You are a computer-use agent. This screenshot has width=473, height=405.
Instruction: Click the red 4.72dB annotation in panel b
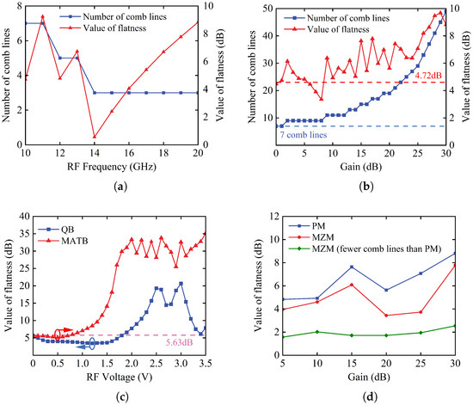(428, 76)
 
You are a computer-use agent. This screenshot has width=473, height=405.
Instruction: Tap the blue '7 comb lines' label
(304, 135)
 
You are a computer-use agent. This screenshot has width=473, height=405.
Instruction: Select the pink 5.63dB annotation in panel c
(179, 342)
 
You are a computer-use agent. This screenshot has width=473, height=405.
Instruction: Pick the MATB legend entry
(63, 241)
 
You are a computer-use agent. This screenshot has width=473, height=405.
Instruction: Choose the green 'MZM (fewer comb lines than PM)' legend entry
(365, 249)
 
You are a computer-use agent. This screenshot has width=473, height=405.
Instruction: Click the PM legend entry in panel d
(307, 226)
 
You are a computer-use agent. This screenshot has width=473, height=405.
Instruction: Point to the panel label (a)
(121, 187)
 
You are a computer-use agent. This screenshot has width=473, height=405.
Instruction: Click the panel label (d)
(369, 397)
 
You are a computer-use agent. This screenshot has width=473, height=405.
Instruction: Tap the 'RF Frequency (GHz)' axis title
(112, 167)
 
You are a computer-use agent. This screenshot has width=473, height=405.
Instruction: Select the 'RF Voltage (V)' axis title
(120, 377)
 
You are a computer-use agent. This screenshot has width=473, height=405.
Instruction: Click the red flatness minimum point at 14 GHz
(95, 137)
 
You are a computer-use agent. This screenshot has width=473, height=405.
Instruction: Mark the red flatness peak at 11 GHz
(42, 16)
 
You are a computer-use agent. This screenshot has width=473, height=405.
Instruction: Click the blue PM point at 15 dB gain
(352, 267)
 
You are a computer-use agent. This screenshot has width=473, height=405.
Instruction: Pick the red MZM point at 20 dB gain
(386, 316)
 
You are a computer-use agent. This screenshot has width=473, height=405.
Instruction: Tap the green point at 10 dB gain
(317, 332)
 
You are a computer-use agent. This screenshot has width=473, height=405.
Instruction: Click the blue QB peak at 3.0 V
(181, 284)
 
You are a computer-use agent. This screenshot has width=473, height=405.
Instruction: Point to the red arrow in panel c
(64, 330)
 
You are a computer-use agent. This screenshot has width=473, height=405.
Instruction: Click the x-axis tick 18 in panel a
(163, 153)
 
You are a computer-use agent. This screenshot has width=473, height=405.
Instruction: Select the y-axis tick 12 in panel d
(273, 216)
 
